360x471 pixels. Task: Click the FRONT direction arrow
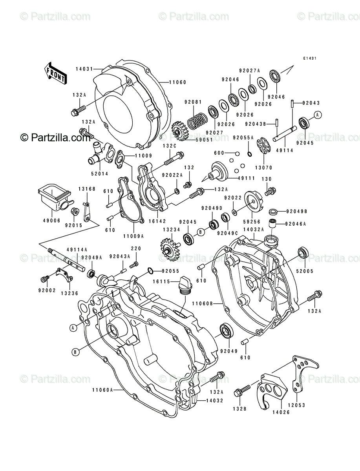55,73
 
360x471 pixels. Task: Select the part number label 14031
84,69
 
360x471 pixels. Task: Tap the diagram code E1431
310,58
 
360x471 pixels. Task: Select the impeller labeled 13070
264,147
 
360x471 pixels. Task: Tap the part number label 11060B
203,303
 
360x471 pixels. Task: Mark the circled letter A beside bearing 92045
318,115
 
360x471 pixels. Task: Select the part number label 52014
100,173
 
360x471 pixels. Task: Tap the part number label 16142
157,221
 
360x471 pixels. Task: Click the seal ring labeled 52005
303,252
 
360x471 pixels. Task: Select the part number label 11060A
102,390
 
